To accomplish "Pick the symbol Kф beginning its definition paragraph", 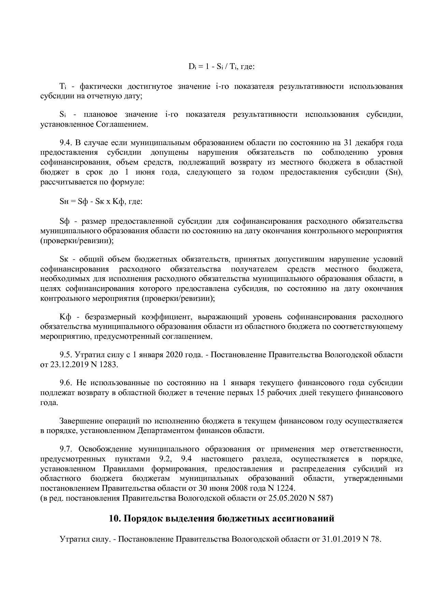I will [x=64, y=317].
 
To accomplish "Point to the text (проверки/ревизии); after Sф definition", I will [x=77, y=241].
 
